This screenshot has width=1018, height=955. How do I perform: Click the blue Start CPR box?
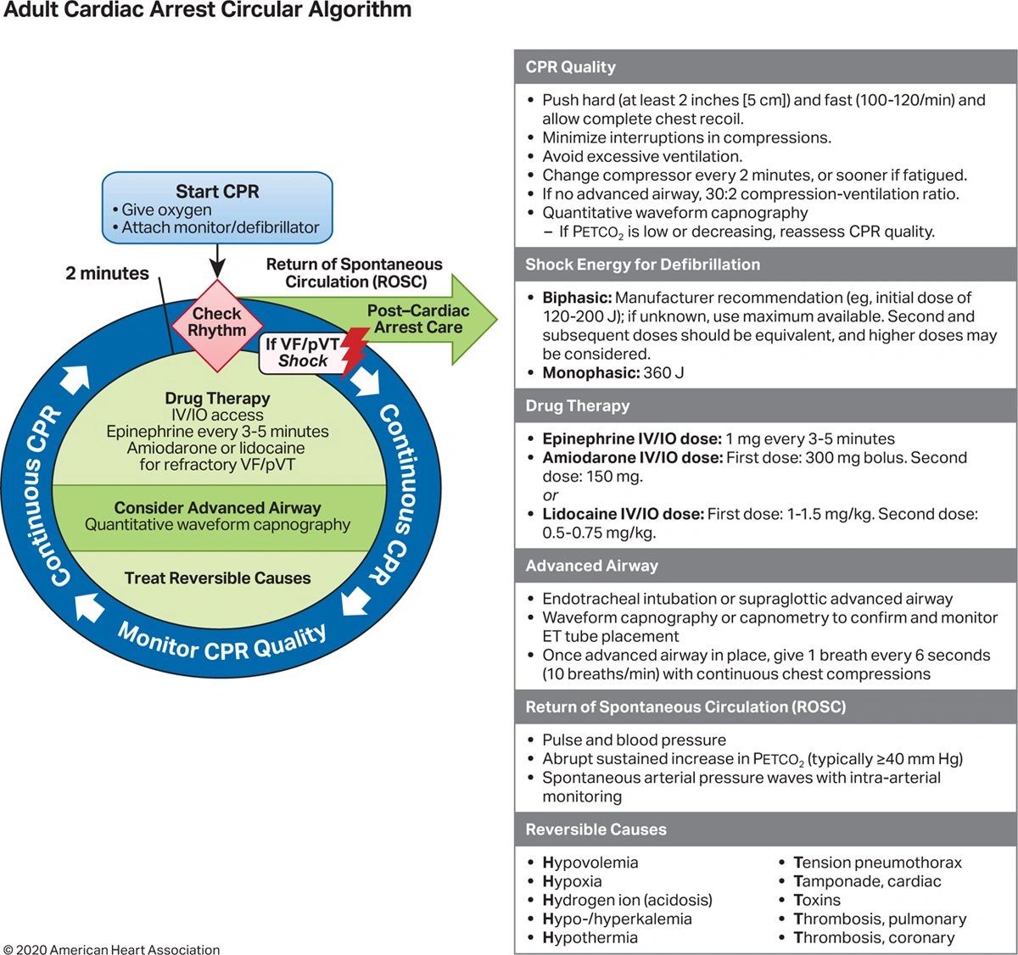(x=217, y=209)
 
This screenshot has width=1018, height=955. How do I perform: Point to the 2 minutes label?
(x=107, y=273)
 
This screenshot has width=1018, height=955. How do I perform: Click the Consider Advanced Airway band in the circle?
(x=217, y=516)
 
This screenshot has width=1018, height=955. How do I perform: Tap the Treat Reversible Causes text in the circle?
(x=217, y=578)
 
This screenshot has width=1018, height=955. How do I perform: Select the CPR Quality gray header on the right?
(x=570, y=67)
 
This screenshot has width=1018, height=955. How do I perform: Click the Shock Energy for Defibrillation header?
(x=642, y=265)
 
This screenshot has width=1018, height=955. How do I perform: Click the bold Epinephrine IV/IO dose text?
(x=631, y=438)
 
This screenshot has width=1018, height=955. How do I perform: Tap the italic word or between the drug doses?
(x=551, y=495)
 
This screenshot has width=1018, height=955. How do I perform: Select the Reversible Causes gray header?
(x=596, y=829)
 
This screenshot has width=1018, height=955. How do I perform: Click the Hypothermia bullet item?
(x=590, y=937)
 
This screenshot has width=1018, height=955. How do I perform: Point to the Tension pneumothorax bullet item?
(x=877, y=863)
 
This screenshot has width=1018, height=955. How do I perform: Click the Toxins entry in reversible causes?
(x=817, y=900)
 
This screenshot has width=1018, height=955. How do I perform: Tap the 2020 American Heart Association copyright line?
(x=111, y=950)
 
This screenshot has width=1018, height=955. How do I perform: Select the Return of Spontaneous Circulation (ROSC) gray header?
(x=685, y=706)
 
